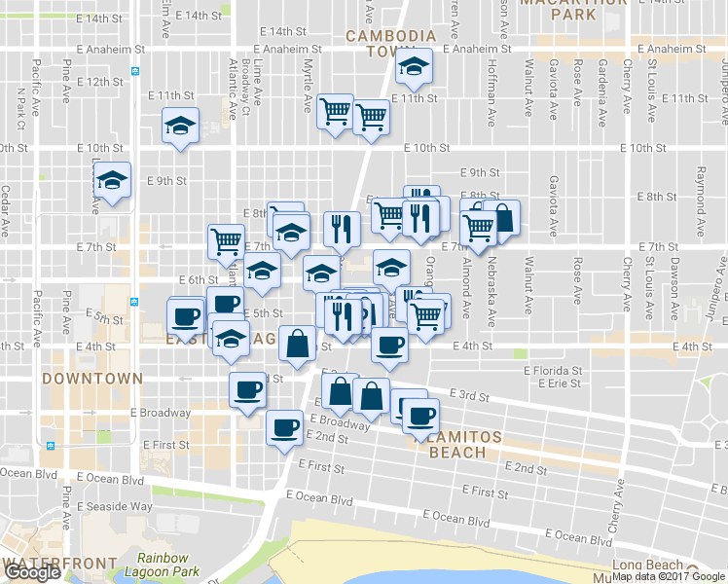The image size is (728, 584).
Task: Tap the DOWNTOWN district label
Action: [92, 378]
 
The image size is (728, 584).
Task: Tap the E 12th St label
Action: [97, 82]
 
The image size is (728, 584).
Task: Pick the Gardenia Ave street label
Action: [603, 83]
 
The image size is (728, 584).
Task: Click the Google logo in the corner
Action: [32, 573]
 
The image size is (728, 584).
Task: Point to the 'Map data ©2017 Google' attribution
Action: [669, 576]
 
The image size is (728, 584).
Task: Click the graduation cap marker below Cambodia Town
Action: [414, 68]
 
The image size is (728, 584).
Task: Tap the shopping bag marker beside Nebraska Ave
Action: [502, 219]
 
